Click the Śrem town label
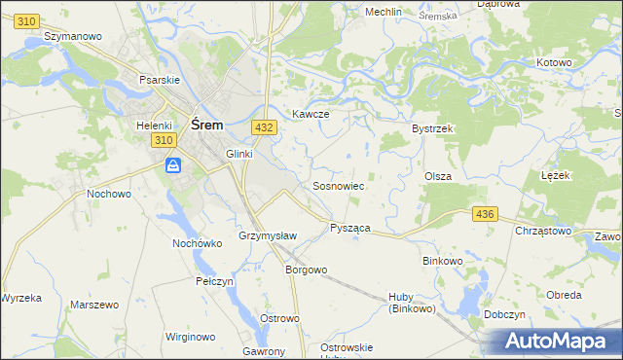point(207,125)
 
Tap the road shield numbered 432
point(263,126)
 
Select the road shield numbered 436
point(484,213)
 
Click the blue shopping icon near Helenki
point(173,166)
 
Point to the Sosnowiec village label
point(338,185)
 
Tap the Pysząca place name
point(349,227)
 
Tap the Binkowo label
point(445,261)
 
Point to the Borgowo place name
point(305,270)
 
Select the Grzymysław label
point(267,236)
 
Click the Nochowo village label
point(109,194)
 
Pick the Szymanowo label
point(73,35)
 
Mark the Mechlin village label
point(383,12)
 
